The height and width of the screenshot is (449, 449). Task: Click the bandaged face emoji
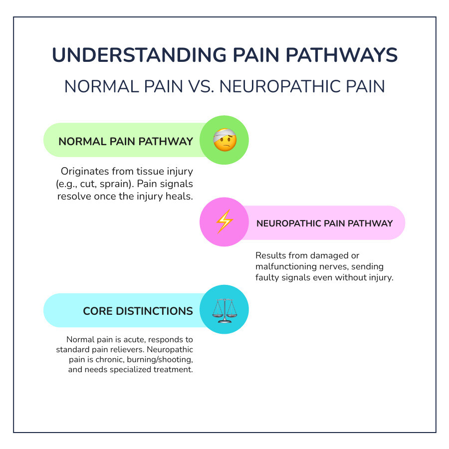click(x=224, y=141)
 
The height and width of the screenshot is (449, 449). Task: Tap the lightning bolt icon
click(x=224, y=222)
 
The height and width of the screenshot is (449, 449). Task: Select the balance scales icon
click(x=224, y=310)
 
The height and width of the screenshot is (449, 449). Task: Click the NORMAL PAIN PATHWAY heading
click(x=126, y=141)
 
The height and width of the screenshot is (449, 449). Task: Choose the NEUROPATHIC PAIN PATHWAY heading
click(x=325, y=223)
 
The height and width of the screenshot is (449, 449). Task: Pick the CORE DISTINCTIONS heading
click(x=138, y=311)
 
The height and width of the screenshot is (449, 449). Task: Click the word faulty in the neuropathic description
click(x=268, y=278)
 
